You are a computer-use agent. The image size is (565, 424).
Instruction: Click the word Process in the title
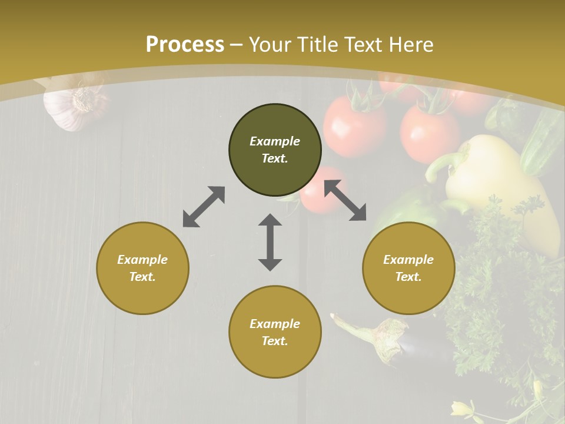(x=185, y=45)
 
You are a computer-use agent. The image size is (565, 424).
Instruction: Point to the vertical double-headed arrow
(x=270, y=242)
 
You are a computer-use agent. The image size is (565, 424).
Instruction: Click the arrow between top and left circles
(x=204, y=207)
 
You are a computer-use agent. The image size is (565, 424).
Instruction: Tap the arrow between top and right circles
(x=345, y=201)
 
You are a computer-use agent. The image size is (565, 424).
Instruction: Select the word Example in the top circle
(x=275, y=141)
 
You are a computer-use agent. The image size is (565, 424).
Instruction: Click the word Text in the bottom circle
(x=275, y=341)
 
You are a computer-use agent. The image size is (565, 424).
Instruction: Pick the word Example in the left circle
(x=142, y=260)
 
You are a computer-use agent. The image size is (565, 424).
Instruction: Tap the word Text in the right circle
(x=408, y=277)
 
